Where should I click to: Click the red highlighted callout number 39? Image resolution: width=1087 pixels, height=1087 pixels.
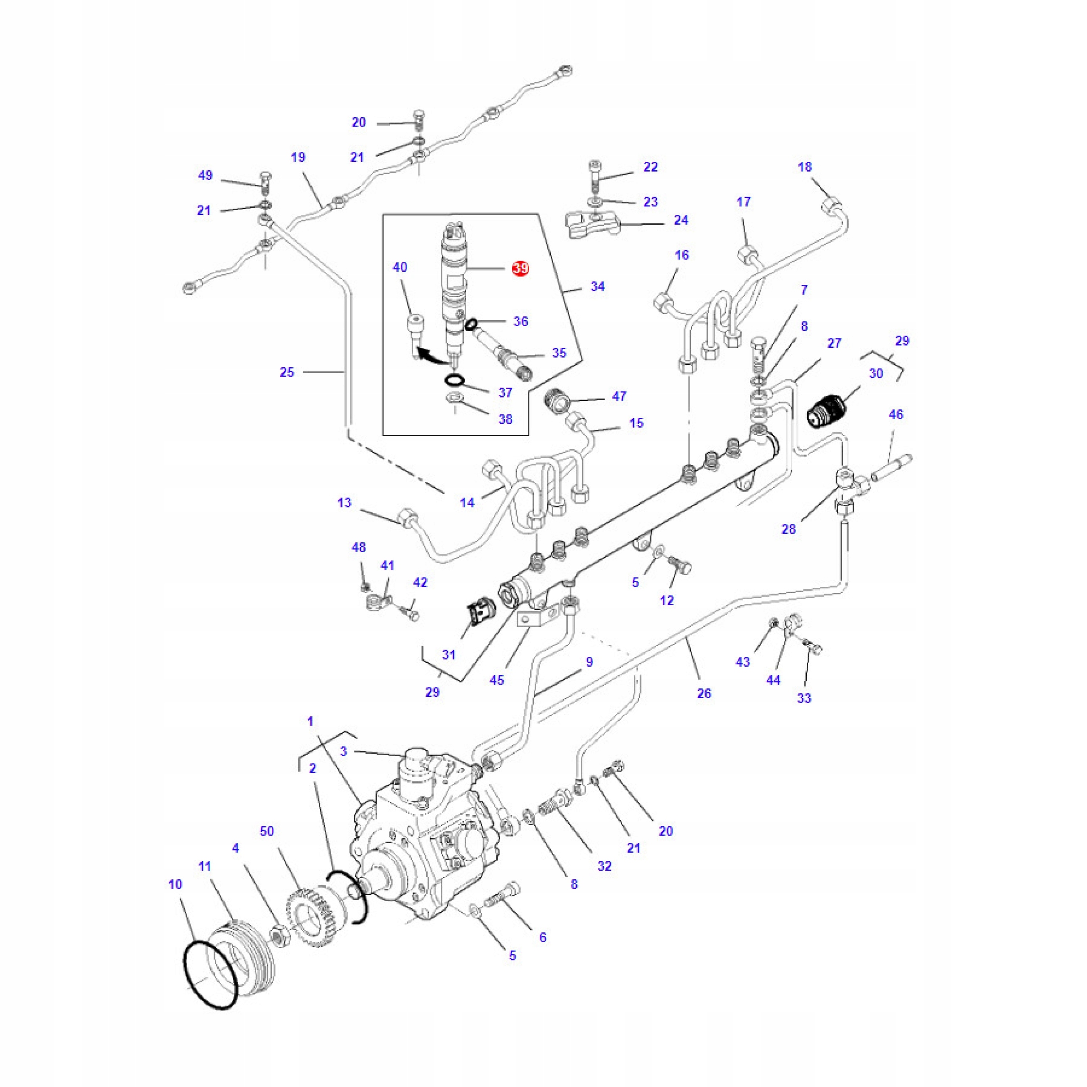(x=521, y=268)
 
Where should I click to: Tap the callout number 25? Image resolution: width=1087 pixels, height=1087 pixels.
(x=287, y=372)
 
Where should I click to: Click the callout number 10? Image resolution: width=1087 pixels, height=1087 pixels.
(x=175, y=884)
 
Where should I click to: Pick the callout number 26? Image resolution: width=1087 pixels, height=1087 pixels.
(x=704, y=693)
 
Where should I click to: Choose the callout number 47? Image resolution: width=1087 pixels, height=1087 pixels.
(x=619, y=396)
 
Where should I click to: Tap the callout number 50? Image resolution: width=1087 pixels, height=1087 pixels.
(x=267, y=831)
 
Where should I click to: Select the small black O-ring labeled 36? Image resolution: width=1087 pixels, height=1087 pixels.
(x=471, y=324)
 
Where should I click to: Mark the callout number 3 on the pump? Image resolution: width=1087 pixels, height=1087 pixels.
(x=344, y=751)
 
